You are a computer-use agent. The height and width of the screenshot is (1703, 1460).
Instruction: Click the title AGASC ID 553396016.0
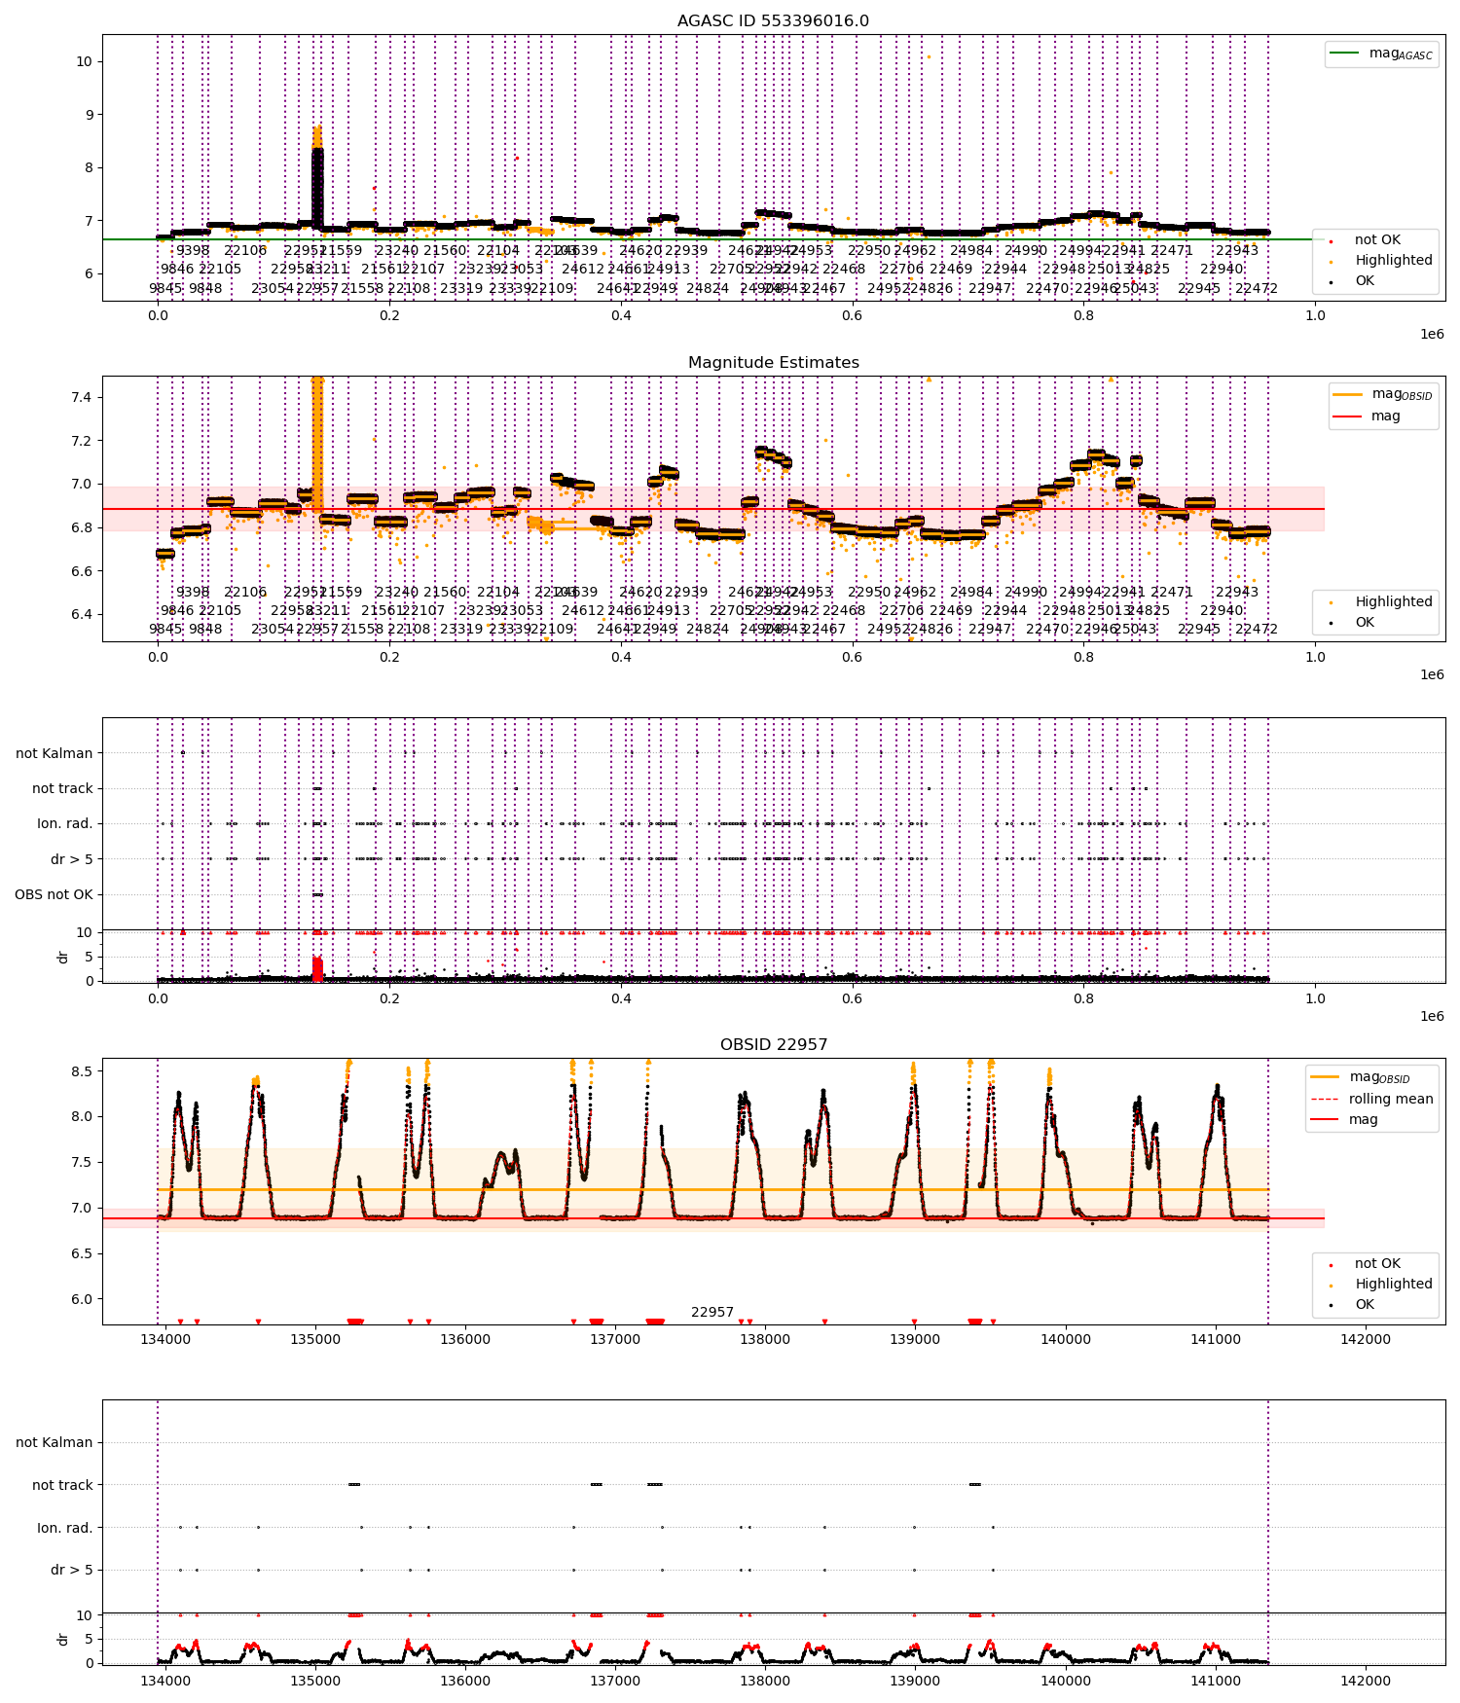click(773, 21)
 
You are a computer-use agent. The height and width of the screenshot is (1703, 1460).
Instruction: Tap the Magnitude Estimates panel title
click(773, 363)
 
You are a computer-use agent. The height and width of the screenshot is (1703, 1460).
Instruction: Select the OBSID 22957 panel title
click(773, 1045)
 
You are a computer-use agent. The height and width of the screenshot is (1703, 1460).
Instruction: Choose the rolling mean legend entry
click(1390, 1099)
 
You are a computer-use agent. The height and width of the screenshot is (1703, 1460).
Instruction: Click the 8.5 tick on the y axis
click(82, 1071)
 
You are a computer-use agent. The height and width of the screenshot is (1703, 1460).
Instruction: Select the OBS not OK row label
click(54, 894)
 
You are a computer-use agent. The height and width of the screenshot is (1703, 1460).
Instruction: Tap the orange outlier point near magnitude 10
click(929, 56)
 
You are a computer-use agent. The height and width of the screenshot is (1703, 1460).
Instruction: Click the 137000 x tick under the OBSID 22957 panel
click(615, 1339)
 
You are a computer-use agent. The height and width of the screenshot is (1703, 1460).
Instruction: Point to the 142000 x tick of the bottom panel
click(1365, 1681)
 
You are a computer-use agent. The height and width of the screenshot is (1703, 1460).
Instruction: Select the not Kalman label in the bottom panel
click(54, 1442)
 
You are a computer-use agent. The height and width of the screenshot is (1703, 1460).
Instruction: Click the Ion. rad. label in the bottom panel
click(64, 1528)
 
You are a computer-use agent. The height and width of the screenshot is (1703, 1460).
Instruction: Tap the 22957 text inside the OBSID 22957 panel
click(712, 1313)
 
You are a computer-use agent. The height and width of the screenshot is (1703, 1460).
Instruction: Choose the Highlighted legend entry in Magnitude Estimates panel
click(1393, 601)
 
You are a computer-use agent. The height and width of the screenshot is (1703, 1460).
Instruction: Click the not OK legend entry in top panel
click(1377, 239)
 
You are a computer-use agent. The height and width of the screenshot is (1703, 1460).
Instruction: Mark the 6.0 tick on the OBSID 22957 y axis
click(82, 1299)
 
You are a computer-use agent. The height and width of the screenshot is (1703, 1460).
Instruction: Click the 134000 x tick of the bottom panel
click(165, 1681)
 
